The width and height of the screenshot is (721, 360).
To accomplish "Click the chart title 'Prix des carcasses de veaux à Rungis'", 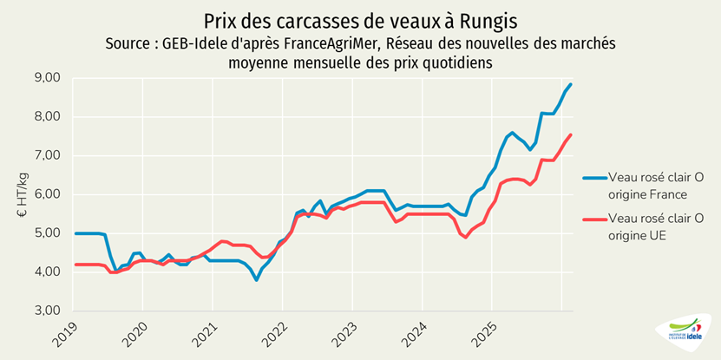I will point(360,20).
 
